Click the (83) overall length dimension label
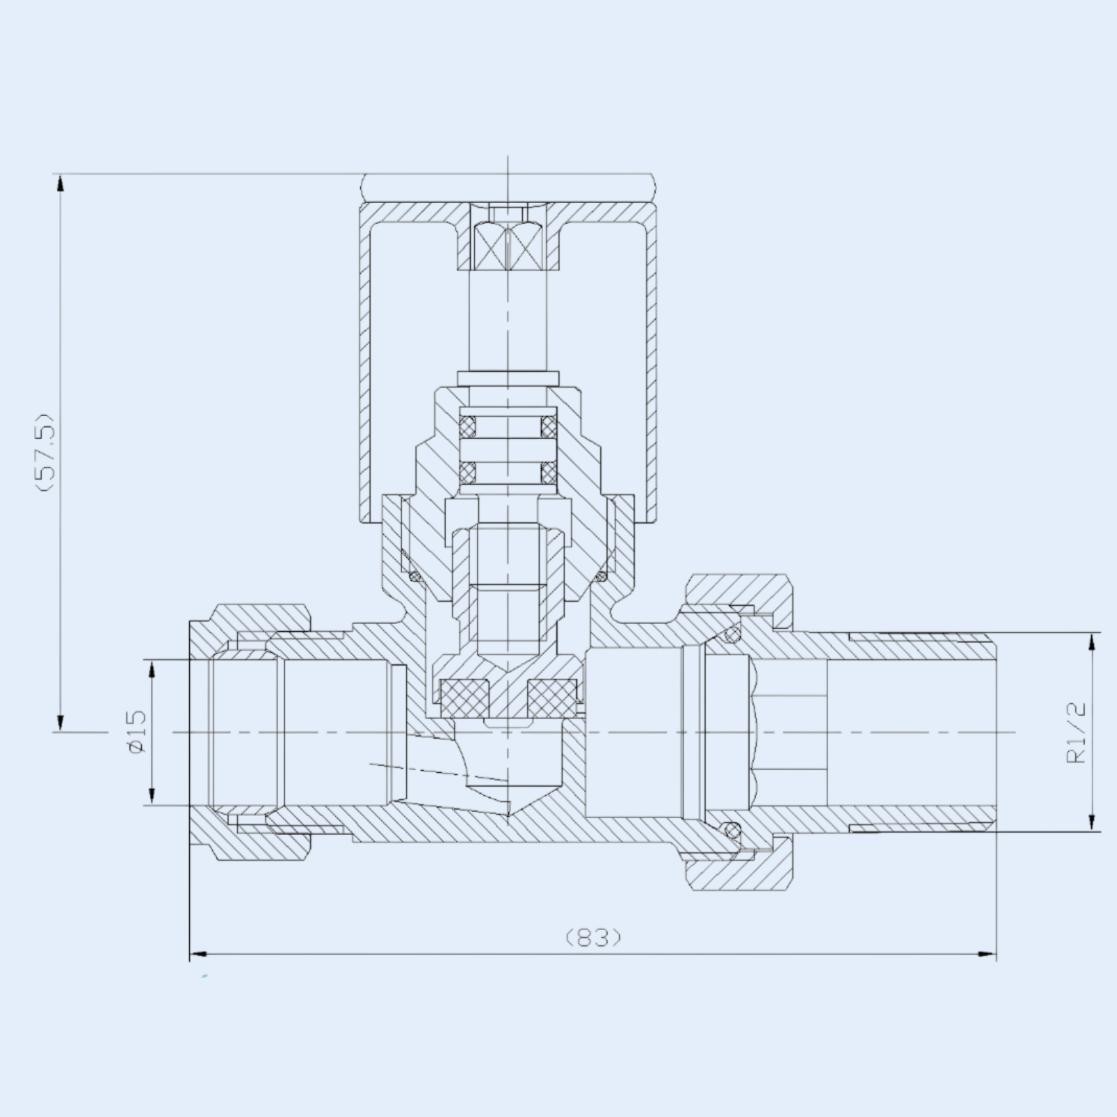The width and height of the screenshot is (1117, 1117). [x=593, y=936]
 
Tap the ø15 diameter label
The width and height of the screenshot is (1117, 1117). [x=137, y=731]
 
